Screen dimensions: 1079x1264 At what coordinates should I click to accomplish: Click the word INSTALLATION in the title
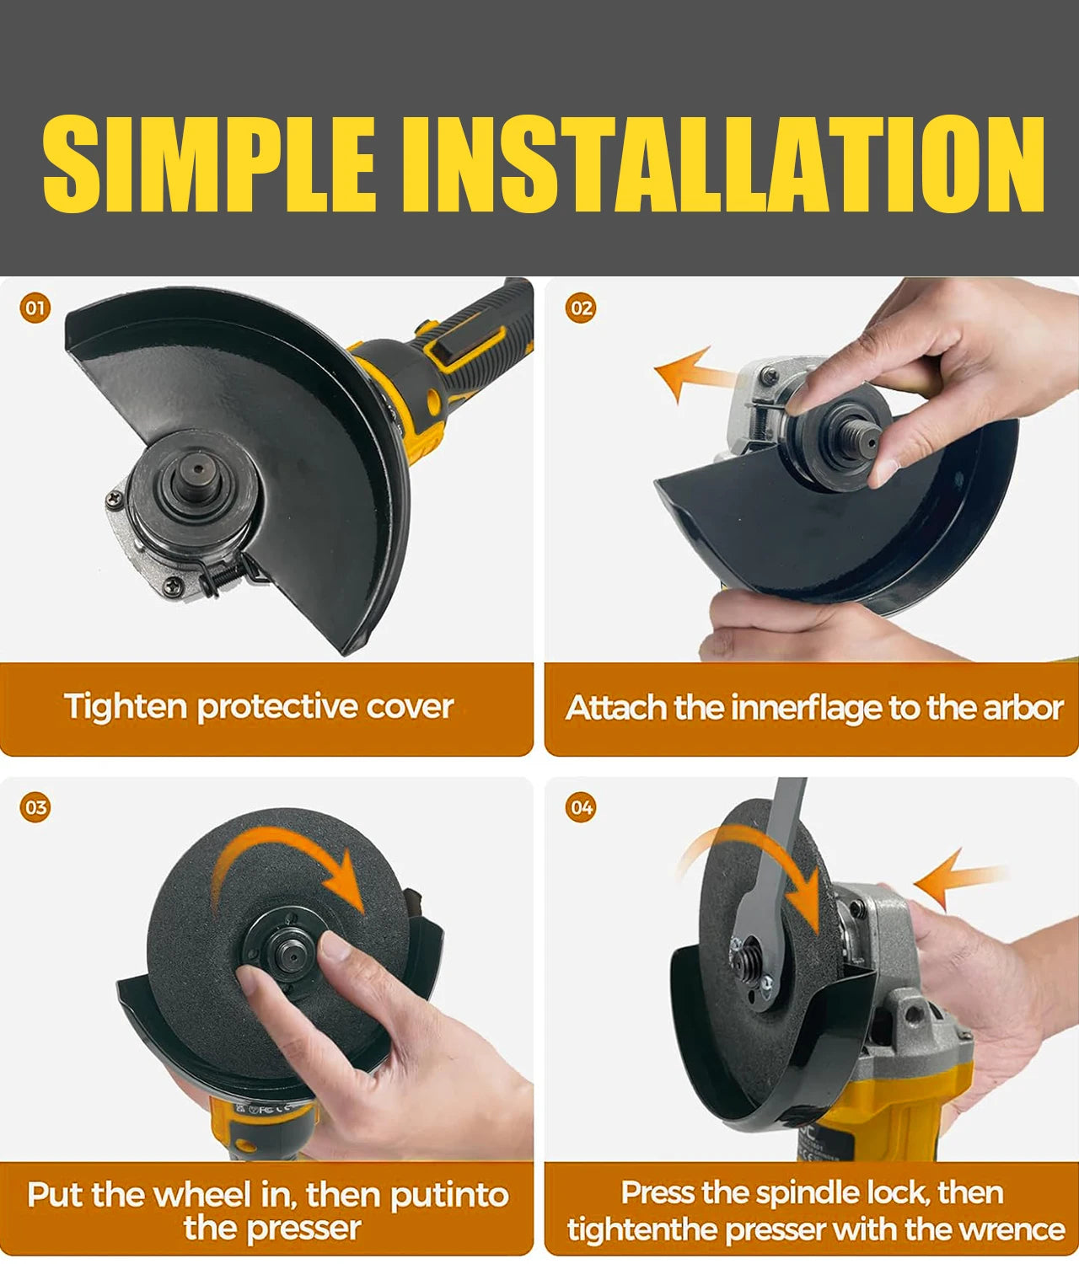point(722,163)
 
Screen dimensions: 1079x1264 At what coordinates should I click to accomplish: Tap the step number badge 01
point(35,308)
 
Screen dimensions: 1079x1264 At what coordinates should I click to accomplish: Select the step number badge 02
point(581,308)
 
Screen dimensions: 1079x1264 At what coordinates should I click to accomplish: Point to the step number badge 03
point(35,807)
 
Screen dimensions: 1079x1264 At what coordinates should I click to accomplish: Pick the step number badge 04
point(581,807)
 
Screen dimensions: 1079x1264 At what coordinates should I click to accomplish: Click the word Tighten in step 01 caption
point(126,708)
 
